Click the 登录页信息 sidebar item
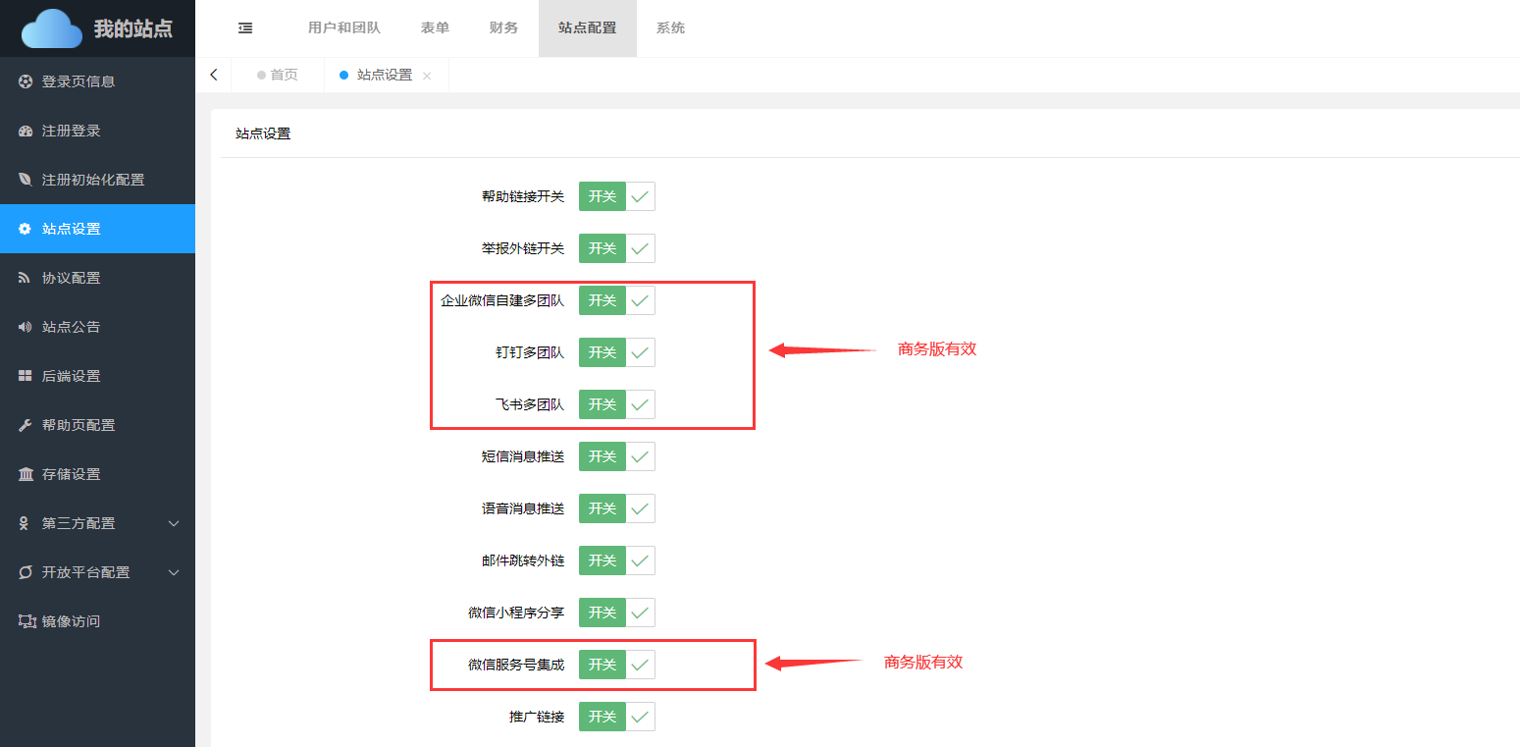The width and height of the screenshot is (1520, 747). [79, 81]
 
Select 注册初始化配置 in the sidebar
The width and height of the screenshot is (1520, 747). [93, 180]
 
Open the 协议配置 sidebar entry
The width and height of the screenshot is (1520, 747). [71, 278]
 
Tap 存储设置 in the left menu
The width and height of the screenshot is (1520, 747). [71, 474]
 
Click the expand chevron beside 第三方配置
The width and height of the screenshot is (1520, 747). [174, 523]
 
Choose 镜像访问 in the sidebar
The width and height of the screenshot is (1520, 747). [71, 621]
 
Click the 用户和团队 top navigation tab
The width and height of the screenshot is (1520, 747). [343, 28]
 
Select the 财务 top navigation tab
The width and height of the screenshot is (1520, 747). [503, 28]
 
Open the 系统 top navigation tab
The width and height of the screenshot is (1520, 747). [670, 28]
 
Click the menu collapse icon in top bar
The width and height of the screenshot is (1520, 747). [245, 28]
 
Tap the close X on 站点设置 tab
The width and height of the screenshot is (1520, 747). [427, 76]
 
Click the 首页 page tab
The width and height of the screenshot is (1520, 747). [284, 75]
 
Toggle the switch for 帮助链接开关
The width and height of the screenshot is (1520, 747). [616, 196]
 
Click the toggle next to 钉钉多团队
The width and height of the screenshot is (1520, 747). [616, 352]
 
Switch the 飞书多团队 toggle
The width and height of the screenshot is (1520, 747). [616, 404]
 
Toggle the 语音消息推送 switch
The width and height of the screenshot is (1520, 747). [616, 508]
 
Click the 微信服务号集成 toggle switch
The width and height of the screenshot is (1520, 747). [616, 665]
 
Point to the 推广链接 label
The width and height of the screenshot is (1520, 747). [537, 717]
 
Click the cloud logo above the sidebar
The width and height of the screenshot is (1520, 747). [51, 28]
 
